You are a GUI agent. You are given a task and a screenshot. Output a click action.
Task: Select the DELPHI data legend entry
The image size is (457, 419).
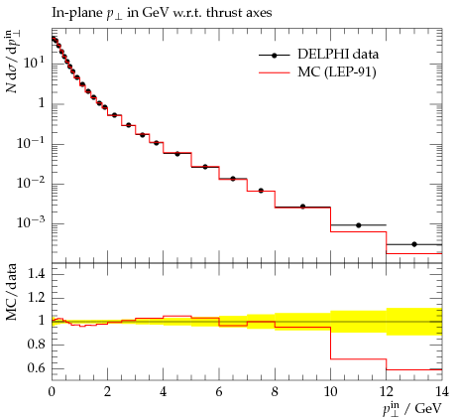[318, 55]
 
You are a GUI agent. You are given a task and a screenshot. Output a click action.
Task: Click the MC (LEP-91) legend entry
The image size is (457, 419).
[317, 71]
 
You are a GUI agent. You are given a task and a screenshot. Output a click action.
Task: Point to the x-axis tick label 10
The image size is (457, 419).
[330, 391]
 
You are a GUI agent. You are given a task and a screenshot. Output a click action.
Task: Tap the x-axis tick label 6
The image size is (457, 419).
[219, 391]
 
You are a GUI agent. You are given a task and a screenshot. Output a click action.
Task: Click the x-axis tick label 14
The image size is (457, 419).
[442, 391]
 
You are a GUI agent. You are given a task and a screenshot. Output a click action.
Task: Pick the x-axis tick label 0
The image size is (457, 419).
[52, 391]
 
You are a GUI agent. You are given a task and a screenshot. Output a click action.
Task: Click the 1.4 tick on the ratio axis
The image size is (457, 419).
[36, 274]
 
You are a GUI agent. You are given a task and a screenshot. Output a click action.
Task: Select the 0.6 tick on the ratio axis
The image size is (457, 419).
[36, 368]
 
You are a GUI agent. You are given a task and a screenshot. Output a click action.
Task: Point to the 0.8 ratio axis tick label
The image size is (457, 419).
[36, 345]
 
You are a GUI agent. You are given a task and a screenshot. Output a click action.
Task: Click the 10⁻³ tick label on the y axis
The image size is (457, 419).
[31, 222]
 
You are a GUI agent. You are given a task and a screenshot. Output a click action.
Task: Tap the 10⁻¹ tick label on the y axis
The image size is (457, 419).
[31, 143]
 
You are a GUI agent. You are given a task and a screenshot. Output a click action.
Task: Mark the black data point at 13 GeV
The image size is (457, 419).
[414, 244]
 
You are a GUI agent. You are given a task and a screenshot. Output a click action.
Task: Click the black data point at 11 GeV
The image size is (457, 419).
[359, 225]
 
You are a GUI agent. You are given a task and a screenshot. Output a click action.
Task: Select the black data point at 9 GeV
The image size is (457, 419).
[302, 207]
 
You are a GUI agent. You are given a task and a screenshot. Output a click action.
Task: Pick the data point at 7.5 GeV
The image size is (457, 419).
[261, 191]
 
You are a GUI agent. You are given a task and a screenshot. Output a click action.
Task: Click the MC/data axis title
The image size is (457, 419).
[12, 292]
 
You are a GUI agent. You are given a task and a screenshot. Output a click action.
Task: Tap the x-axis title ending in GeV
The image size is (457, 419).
[412, 409]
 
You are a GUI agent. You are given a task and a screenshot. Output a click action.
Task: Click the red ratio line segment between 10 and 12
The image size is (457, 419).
[359, 358]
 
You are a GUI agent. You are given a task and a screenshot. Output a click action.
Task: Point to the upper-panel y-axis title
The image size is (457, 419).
[12, 62]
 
